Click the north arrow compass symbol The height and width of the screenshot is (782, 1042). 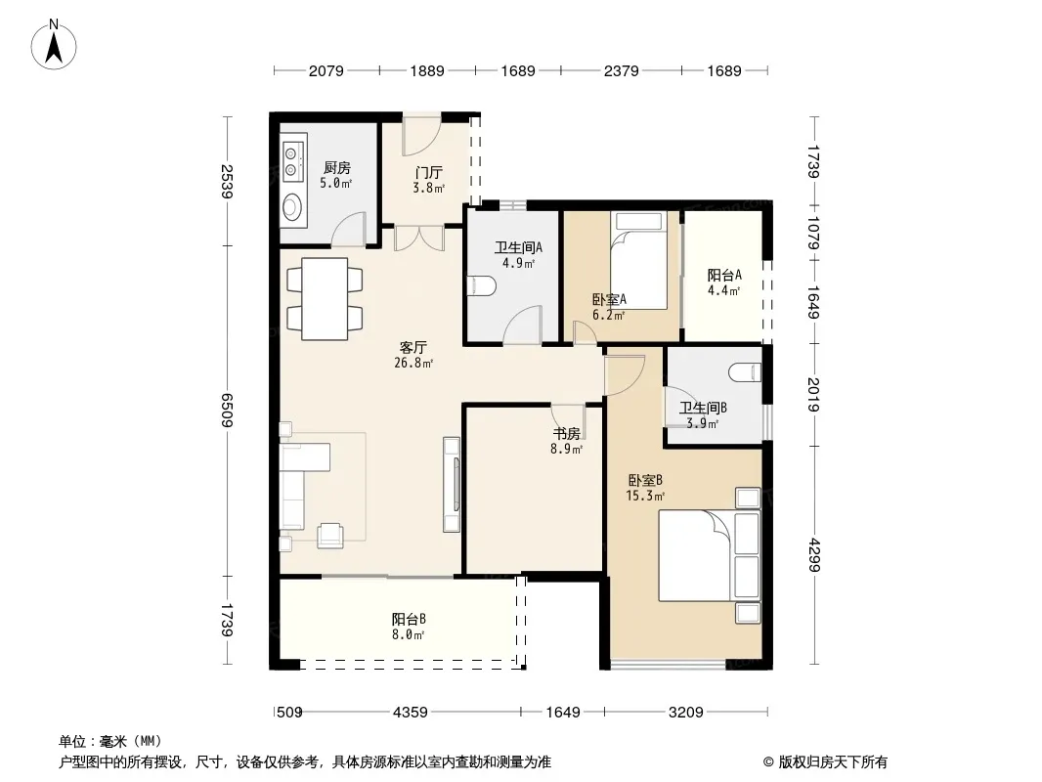pyautogui.click(x=54, y=44)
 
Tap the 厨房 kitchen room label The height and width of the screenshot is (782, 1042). pyautogui.click(x=337, y=167)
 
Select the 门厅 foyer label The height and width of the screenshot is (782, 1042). pyautogui.click(x=429, y=173)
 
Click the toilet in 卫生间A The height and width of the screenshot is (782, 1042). pyautogui.click(x=482, y=286)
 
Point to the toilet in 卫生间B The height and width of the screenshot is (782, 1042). pyautogui.click(x=745, y=372)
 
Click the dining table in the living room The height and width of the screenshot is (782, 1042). pyautogui.click(x=325, y=299)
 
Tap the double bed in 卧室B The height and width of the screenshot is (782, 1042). pyautogui.click(x=709, y=555)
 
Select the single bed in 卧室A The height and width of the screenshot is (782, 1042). pyautogui.click(x=638, y=260)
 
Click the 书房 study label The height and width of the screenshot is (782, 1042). pyautogui.click(x=567, y=433)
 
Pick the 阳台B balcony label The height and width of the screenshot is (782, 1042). pyautogui.click(x=409, y=619)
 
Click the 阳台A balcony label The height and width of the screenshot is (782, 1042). pyautogui.click(x=724, y=275)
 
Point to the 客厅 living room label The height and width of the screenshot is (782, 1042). pyautogui.click(x=413, y=347)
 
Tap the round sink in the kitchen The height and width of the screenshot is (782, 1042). pyautogui.click(x=292, y=207)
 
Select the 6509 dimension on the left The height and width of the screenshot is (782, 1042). pyautogui.click(x=228, y=410)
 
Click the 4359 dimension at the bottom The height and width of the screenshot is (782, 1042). pyautogui.click(x=411, y=713)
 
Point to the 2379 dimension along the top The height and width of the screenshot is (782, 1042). pyautogui.click(x=622, y=70)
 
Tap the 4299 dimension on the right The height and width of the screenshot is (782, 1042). pyautogui.click(x=814, y=555)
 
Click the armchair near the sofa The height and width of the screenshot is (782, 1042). pyautogui.click(x=330, y=536)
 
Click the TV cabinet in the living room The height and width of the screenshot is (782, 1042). pyautogui.click(x=452, y=484)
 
